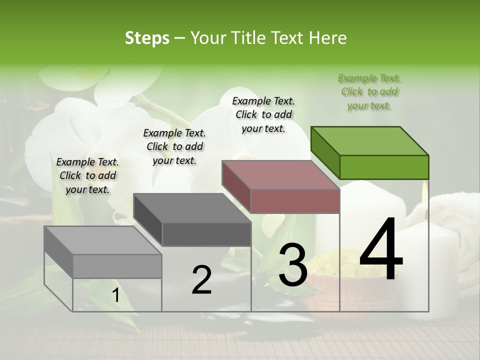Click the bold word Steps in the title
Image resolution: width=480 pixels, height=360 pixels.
pyautogui.click(x=147, y=38)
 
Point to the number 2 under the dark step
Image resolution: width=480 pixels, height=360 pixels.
pyautogui.click(x=201, y=279)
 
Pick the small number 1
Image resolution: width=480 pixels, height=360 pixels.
pyautogui.click(x=115, y=295)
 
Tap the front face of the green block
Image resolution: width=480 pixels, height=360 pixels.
pyautogui.click(x=384, y=167)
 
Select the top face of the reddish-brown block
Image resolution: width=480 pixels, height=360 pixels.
pyautogui.click(x=280, y=175)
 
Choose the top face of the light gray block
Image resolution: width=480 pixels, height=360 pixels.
pyautogui.click(x=102, y=240)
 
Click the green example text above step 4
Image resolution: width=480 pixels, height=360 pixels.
pyautogui.click(x=369, y=91)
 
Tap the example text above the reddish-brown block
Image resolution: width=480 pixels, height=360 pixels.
pyautogui.click(x=263, y=114)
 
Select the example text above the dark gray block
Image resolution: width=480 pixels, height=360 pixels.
pyautogui.click(x=174, y=146)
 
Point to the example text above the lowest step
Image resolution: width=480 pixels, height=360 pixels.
pyautogui.click(x=87, y=175)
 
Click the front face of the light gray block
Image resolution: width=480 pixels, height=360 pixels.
pyautogui.click(x=117, y=266)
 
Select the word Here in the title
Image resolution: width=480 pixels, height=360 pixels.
pyautogui.click(x=328, y=38)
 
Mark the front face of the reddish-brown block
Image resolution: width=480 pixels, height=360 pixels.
pyautogui.click(x=295, y=201)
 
